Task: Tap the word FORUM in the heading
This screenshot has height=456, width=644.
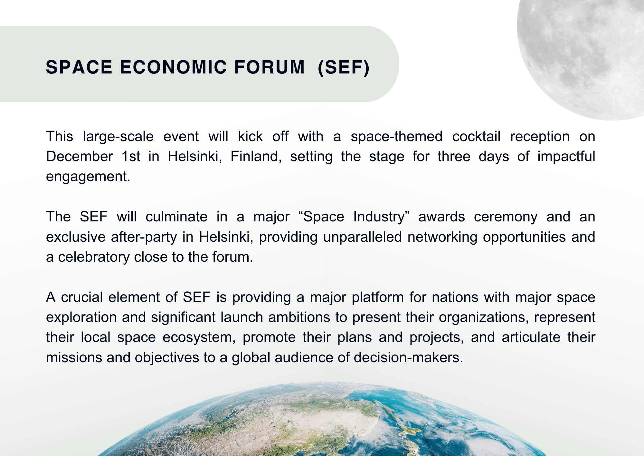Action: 269,67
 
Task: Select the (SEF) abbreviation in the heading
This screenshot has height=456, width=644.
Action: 344,67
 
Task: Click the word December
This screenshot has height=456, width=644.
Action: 79,156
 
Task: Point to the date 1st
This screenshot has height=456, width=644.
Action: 131,156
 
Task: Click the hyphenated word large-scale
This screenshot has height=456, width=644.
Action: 118,137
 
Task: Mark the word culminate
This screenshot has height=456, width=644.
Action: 176,217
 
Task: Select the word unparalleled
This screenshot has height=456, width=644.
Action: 363,237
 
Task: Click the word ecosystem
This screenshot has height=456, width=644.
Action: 199,338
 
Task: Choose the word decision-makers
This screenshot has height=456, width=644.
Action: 408,357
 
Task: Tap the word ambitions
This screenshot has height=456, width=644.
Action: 299,317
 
